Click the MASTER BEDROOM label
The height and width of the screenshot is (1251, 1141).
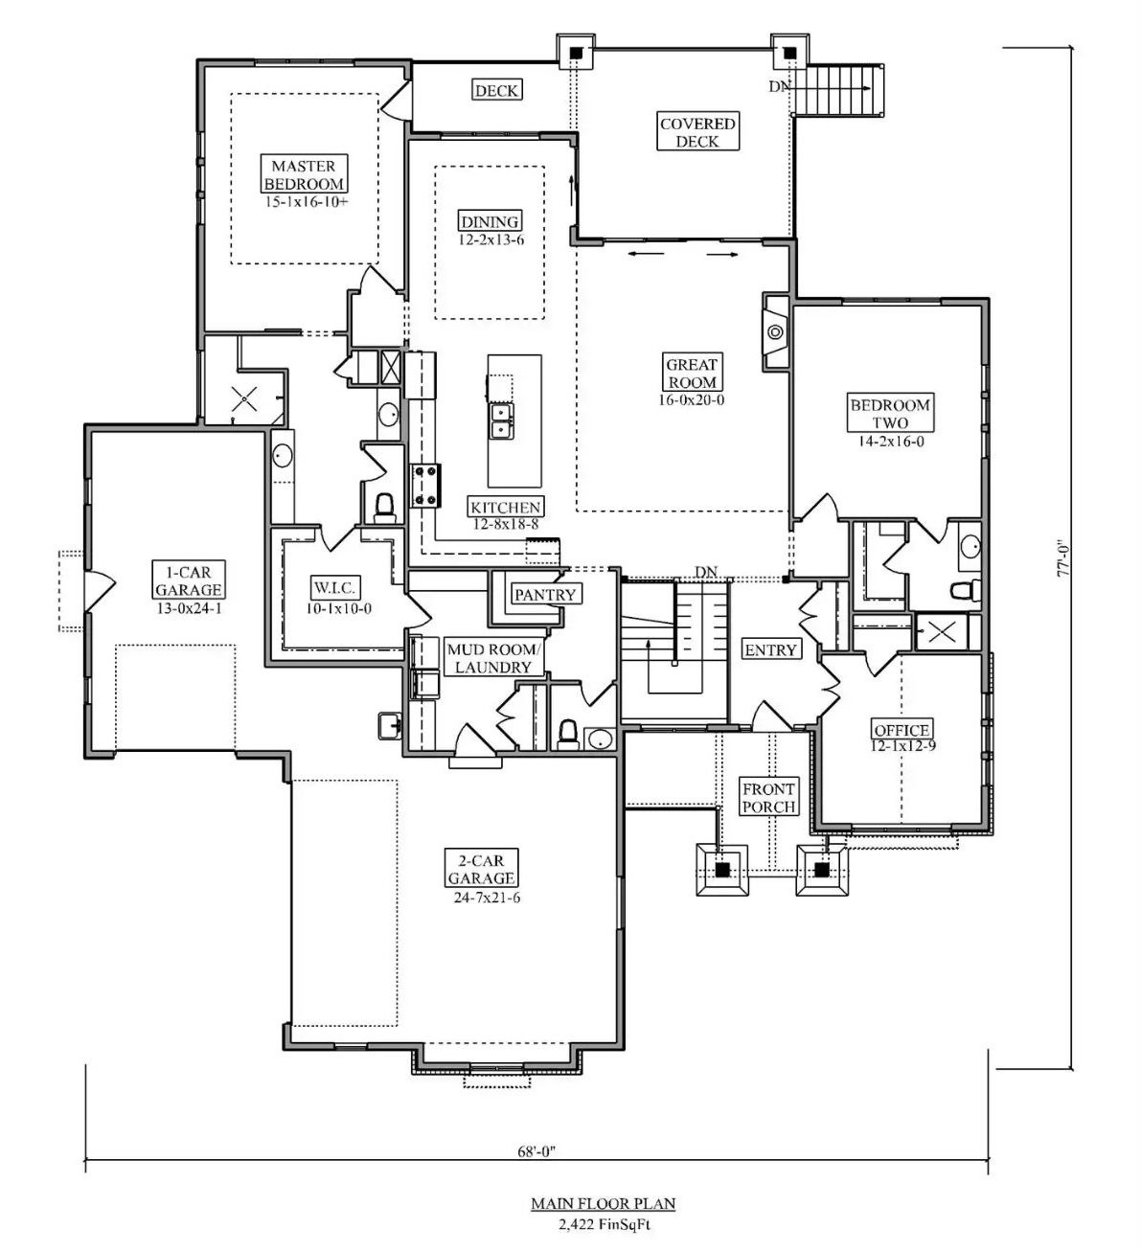[303, 174]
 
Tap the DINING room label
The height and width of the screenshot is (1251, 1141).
[490, 221]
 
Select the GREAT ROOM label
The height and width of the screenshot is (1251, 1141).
[693, 373]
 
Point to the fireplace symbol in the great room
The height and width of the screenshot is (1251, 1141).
[775, 333]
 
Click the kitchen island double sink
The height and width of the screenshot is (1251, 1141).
[500, 420]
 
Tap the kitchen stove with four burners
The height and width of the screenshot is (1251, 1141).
[425, 485]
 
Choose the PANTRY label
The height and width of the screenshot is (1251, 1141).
[545, 594]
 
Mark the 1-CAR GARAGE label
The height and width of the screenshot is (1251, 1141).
[188, 580]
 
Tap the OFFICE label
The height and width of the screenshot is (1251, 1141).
[901, 730]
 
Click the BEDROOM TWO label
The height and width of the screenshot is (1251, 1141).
[890, 413]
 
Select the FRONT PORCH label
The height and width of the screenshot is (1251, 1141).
[769, 797]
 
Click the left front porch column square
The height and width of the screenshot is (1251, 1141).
[722, 870]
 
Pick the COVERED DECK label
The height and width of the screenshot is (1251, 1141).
[697, 132]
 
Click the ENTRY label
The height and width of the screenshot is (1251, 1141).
[770, 650]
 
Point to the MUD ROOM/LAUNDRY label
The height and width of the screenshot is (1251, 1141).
[494, 658]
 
